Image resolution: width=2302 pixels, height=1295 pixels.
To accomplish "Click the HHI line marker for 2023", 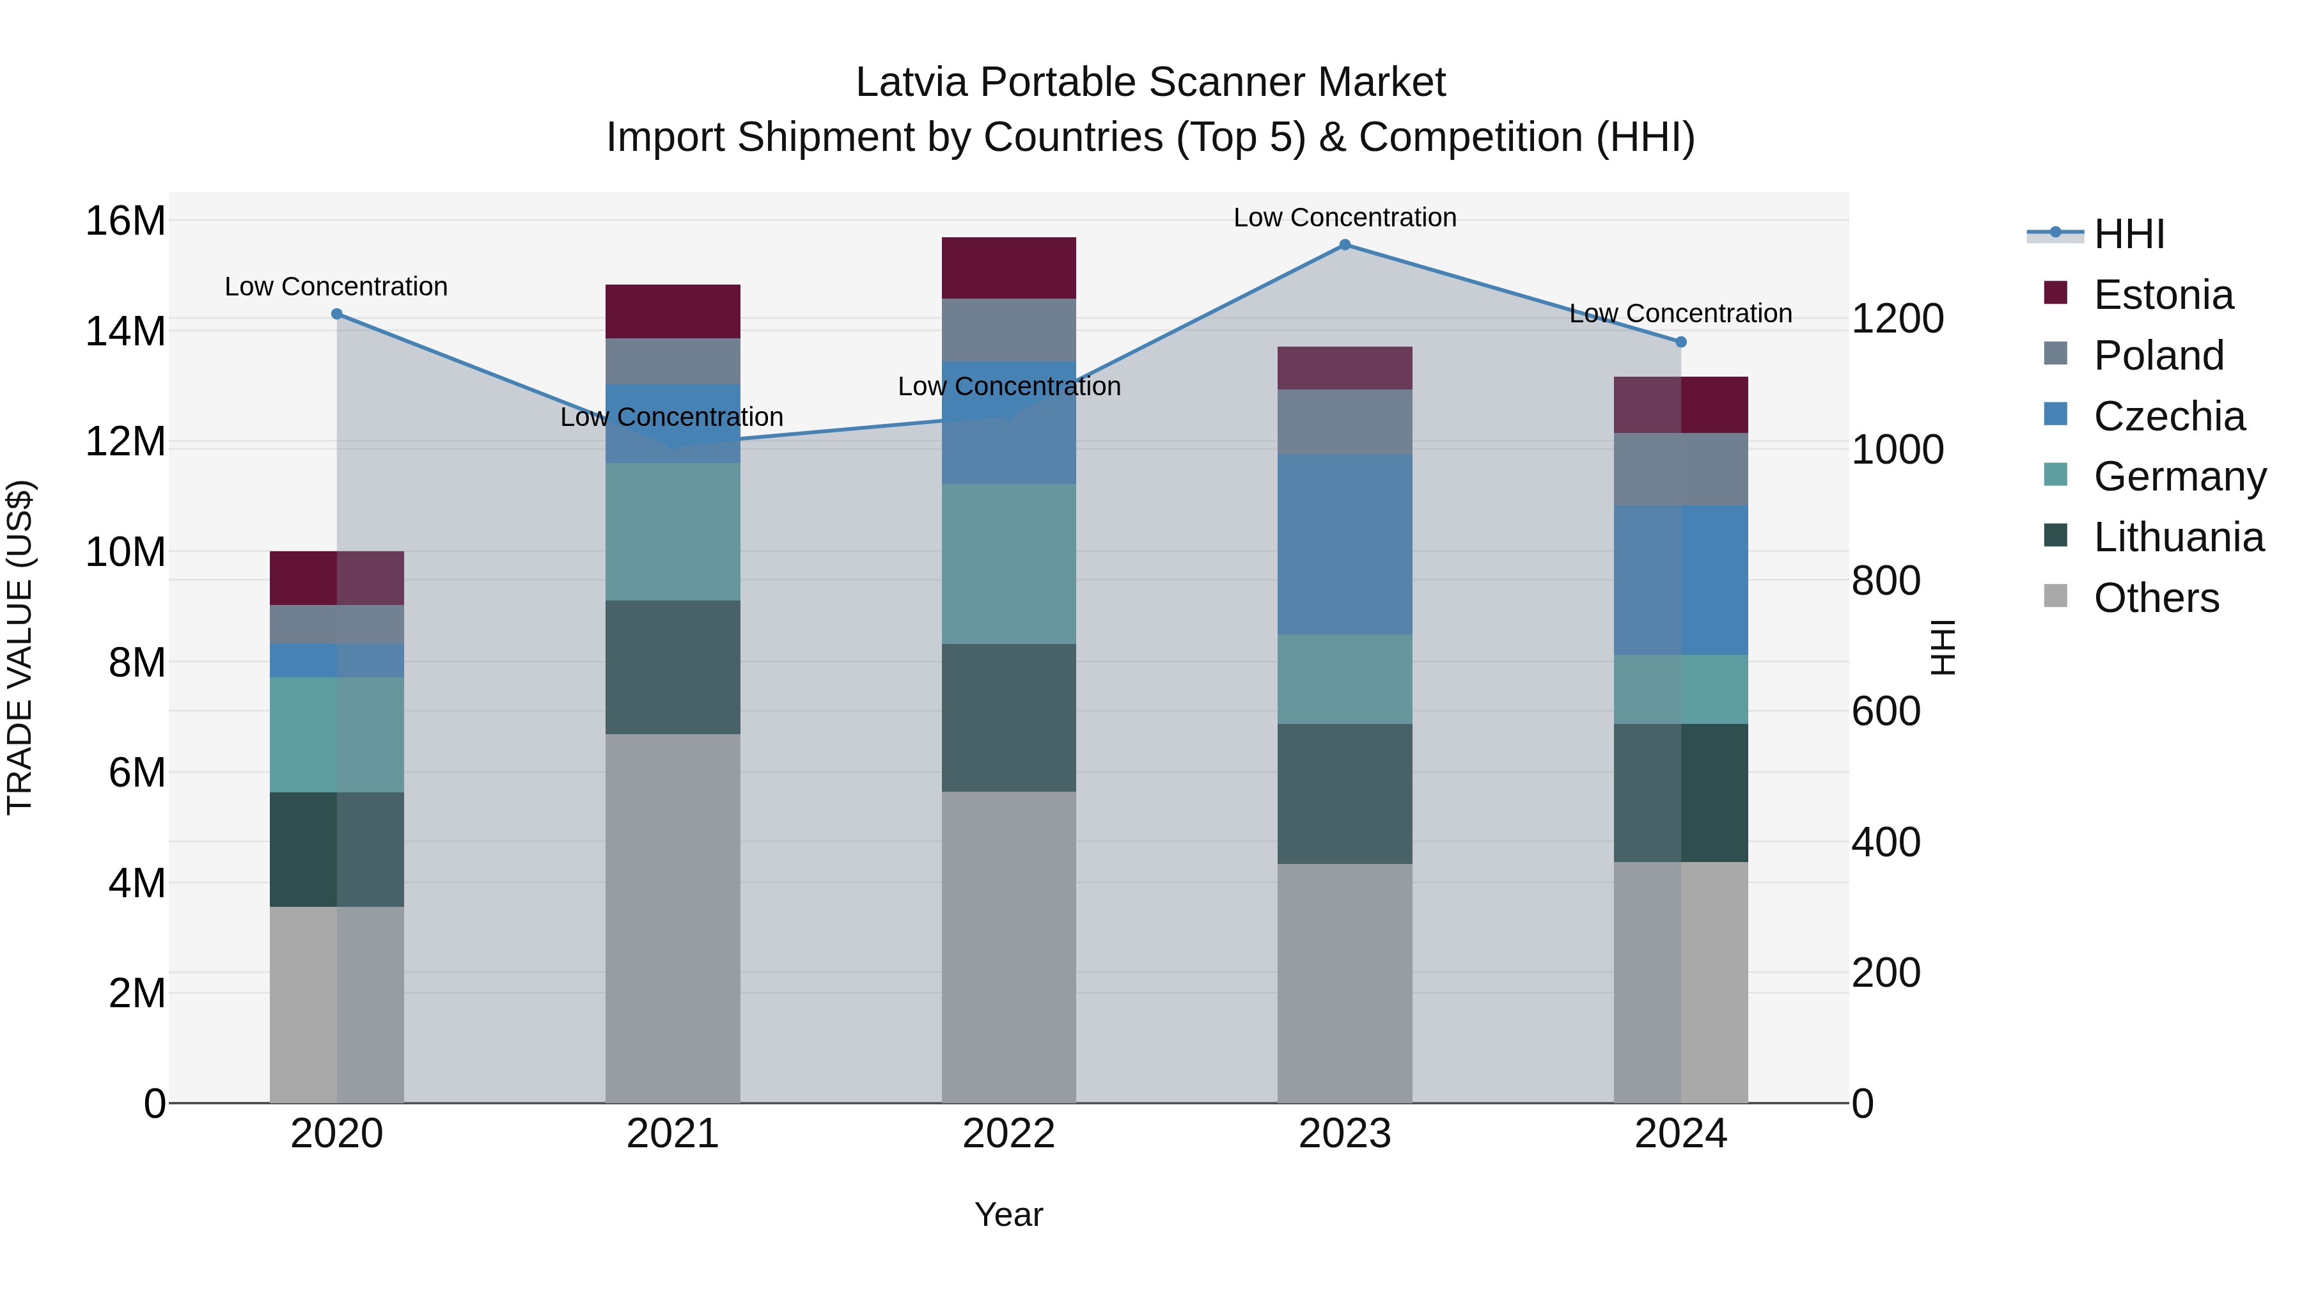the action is click(1344, 245).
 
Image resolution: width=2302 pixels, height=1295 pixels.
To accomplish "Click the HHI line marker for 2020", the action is click(337, 314).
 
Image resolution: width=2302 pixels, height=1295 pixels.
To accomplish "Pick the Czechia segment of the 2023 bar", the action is click(1344, 544).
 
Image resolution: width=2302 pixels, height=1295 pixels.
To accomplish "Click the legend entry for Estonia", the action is click(2163, 295).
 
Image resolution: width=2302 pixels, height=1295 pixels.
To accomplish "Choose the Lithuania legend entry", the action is click(2178, 537).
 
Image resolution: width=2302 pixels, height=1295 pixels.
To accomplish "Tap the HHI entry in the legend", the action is click(2129, 234).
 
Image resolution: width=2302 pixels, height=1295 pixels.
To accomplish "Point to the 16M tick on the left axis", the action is click(125, 221).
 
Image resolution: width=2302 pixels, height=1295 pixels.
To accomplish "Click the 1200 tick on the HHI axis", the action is click(1897, 318).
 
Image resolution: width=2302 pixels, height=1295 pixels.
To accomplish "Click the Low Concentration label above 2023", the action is click(1344, 217).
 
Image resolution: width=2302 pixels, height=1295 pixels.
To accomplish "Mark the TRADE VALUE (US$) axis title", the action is click(20, 647).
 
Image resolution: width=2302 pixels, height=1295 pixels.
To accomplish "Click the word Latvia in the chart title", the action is click(911, 82).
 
